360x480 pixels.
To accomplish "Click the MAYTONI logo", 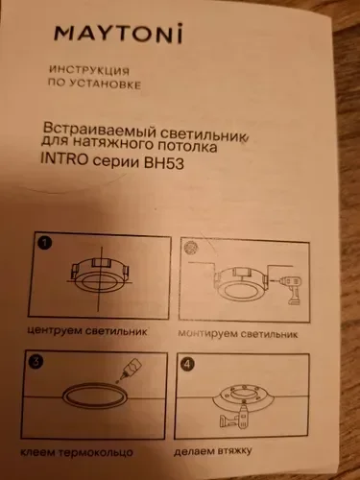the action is point(118,33).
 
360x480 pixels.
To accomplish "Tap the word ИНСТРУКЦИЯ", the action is point(89,70).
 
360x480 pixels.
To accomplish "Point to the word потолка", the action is point(187,146).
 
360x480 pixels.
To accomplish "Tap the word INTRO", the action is point(64,159).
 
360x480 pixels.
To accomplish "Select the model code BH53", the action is point(164,163).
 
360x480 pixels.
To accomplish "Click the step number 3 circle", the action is point(36,361).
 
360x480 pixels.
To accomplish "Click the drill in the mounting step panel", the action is point(292,290).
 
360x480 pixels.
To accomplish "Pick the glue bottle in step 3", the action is point(131,368).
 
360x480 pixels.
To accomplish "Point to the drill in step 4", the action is point(233,417).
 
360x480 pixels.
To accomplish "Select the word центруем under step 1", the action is point(55,330).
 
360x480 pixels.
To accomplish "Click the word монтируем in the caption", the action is point(207,333).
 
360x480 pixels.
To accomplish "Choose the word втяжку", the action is point(234,451).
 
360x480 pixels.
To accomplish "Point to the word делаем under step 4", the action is point(194,452).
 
